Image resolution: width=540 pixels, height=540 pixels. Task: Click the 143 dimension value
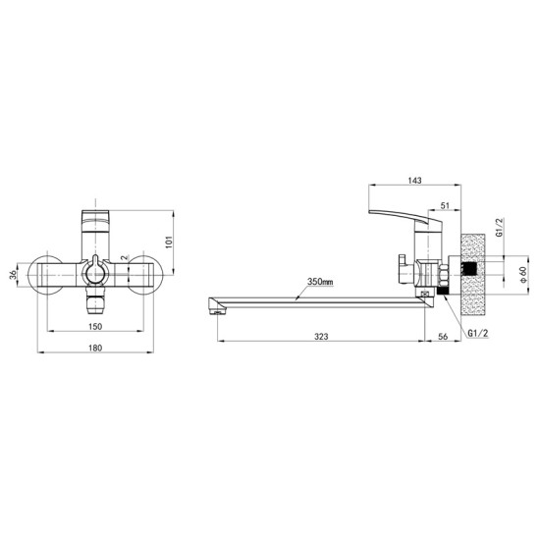coord(414,181)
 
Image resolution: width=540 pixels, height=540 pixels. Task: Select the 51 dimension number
coord(445,205)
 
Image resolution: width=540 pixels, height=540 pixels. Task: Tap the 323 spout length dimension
coord(321,337)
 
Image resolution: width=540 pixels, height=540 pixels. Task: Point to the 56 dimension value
coord(443,337)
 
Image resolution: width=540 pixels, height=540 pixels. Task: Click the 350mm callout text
coord(320,282)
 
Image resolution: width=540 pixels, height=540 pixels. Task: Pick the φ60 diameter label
coord(523,275)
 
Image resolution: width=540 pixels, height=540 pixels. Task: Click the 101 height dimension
coord(169,243)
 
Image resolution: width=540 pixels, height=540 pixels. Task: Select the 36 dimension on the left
coord(13,275)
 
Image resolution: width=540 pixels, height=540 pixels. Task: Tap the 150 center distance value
coord(95,326)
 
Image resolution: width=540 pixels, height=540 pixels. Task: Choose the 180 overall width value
coord(95,348)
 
